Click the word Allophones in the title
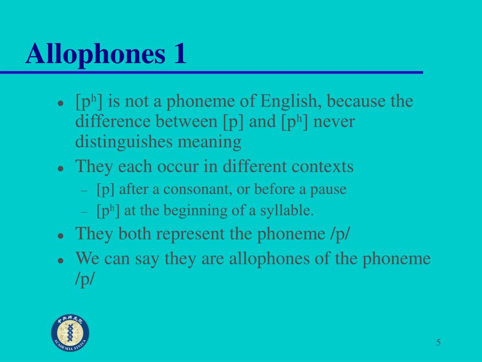pyautogui.click(x=95, y=54)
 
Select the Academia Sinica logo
pyautogui.click(x=70, y=333)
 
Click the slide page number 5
pyautogui.click(x=438, y=342)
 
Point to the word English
pyautogui.click(x=289, y=101)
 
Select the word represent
pyautogui.click(x=190, y=234)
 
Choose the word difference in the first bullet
pyautogui.click(x=113, y=121)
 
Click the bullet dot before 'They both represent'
pyautogui.click(x=61, y=236)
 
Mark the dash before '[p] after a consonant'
pyautogui.click(x=84, y=191)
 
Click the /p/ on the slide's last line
pyautogui.click(x=84, y=279)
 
